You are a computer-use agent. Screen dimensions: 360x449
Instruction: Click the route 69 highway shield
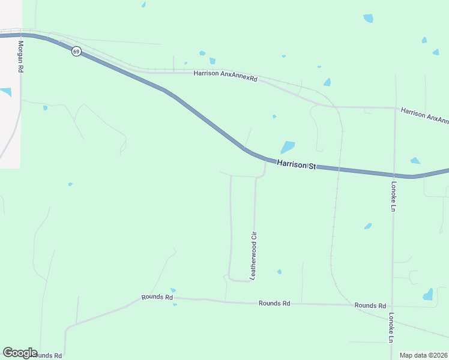tap(76, 52)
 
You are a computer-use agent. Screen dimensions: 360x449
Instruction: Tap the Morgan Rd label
tap(20, 57)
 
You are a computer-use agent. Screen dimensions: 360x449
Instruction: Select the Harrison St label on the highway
tap(296, 164)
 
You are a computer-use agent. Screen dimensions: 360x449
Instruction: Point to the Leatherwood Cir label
tap(253, 254)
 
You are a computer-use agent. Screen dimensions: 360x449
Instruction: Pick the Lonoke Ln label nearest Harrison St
tap(394, 197)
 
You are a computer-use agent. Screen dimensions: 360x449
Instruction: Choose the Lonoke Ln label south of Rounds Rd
tap(391, 327)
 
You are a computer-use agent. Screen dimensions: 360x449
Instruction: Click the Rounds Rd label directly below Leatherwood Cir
tap(274, 304)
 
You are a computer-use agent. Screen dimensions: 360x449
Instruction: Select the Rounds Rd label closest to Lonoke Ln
tap(370, 305)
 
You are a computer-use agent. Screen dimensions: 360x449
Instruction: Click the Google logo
tap(20, 353)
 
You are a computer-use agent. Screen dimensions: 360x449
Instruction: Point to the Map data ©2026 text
tap(423, 355)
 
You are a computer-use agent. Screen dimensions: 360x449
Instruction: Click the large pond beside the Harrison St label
tap(288, 147)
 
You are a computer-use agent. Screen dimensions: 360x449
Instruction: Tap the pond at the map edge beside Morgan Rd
tap(5, 92)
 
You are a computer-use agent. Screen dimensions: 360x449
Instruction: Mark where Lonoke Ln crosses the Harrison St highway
tap(394, 175)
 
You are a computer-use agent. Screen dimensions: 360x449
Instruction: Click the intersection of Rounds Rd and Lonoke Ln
tap(392, 305)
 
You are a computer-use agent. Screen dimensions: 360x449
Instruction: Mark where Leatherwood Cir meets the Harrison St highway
tap(266, 160)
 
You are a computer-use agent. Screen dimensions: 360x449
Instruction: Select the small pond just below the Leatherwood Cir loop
tap(280, 272)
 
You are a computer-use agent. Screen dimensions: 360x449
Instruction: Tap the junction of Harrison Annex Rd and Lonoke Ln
tap(395, 109)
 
